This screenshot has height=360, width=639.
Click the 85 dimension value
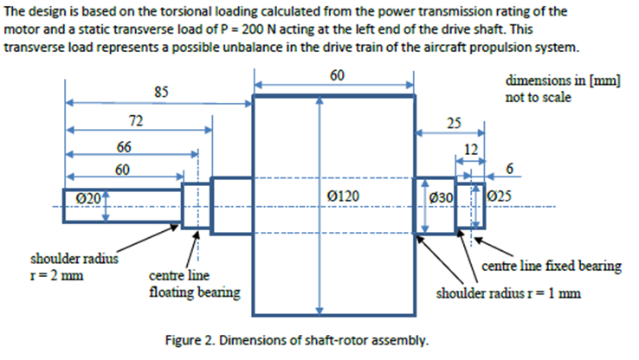[160, 91]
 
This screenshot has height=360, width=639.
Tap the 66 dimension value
[125, 147]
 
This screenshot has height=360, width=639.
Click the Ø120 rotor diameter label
[345, 198]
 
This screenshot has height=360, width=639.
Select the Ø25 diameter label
[501, 198]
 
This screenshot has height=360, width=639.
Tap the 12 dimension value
[471, 149]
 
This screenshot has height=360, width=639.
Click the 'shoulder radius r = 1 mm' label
[508, 292]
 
